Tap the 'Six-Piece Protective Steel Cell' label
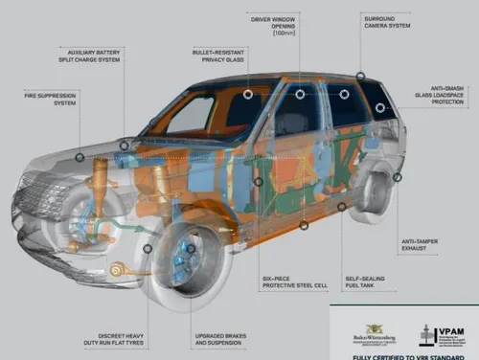[294, 283]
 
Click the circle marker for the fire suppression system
[80, 157]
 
